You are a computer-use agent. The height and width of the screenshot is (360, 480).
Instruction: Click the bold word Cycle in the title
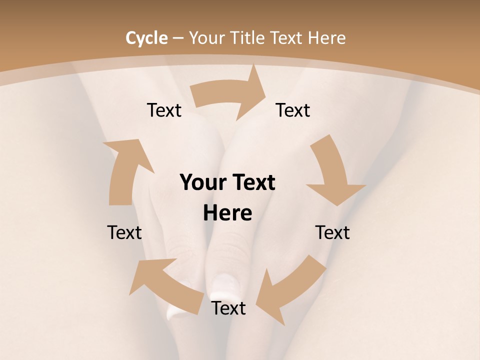pyautogui.click(x=146, y=38)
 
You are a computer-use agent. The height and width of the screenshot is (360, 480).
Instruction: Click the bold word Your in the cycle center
pyautogui.click(x=203, y=183)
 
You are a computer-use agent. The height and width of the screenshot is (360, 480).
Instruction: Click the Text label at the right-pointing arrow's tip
pyautogui.click(x=293, y=110)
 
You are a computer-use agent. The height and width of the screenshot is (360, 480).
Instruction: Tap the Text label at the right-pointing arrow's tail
pyautogui.click(x=164, y=110)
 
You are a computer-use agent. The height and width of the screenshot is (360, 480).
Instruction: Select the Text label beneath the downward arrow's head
pyautogui.click(x=332, y=232)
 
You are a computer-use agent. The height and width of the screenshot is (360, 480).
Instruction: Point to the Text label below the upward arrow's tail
pyautogui.click(x=124, y=232)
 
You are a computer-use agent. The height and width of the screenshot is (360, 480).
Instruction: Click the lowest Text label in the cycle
pyautogui.click(x=228, y=308)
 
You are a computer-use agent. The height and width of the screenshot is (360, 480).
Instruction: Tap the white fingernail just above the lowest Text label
pyautogui.click(x=220, y=286)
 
